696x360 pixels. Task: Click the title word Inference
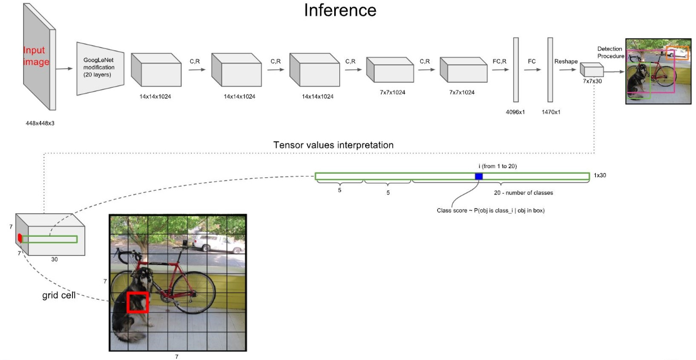pyautogui.click(x=340, y=10)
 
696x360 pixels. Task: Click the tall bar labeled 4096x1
pyautogui.click(x=515, y=69)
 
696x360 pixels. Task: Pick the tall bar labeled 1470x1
pyautogui.click(x=550, y=69)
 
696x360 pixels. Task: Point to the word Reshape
pyautogui.click(x=566, y=61)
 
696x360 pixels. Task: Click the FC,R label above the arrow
pyautogui.click(x=500, y=61)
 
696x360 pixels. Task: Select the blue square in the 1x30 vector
pyautogui.click(x=479, y=177)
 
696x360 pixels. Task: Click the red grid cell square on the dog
pyautogui.click(x=137, y=302)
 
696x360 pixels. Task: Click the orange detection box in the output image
pyautogui.click(x=677, y=53)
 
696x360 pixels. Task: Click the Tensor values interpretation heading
pyautogui.click(x=333, y=145)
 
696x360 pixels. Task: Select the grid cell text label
pyautogui.click(x=59, y=295)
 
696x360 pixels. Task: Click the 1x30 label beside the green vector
pyautogui.click(x=599, y=175)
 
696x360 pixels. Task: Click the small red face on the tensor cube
pyautogui.click(x=20, y=238)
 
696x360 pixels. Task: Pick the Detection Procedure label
pyautogui.click(x=610, y=52)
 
